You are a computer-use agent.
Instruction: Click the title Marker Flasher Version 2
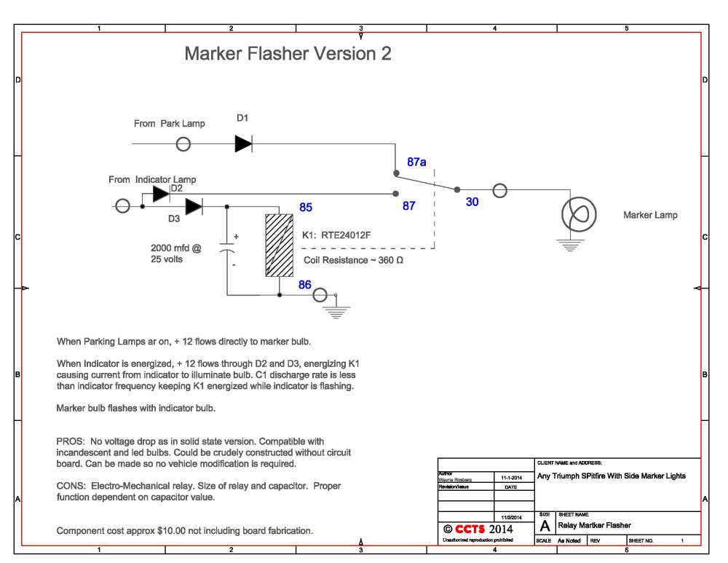click(288, 54)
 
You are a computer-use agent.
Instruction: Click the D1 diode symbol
click(243, 144)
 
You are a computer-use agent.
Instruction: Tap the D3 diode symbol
click(193, 207)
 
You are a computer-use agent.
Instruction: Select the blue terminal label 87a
click(417, 162)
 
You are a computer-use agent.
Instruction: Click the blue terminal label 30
click(472, 202)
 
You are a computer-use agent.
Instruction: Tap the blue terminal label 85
click(306, 208)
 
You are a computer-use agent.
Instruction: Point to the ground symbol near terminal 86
click(336, 312)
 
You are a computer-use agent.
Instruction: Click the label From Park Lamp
click(169, 124)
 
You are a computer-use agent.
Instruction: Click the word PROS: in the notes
click(71, 441)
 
